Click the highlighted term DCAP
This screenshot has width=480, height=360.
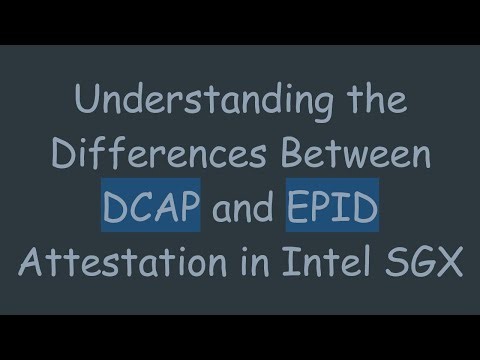coord(150,210)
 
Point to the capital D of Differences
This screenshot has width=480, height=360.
coord(61,156)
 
